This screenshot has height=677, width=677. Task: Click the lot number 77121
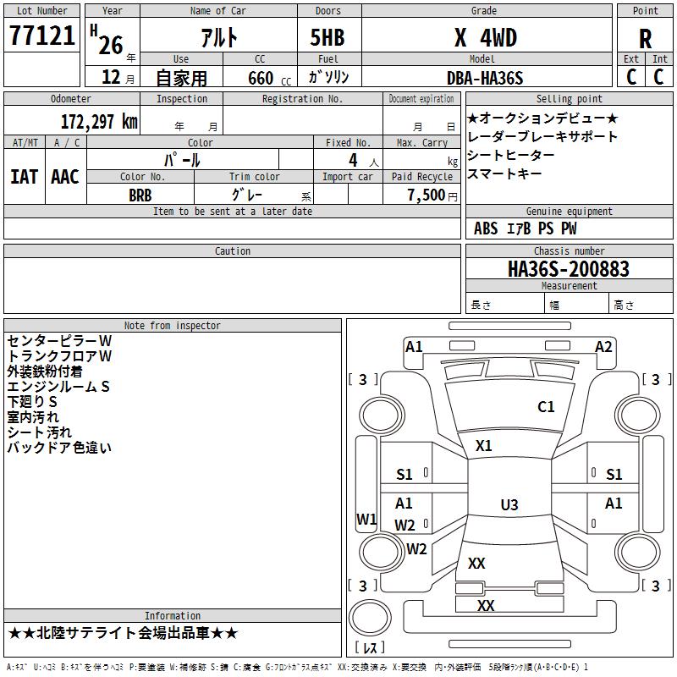click(41, 36)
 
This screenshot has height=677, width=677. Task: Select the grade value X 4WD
click(486, 37)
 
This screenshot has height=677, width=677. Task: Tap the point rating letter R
click(645, 38)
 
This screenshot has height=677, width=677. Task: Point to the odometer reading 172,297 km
click(99, 122)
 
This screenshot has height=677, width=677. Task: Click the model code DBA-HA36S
click(485, 78)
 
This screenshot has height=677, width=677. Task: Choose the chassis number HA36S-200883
click(569, 269)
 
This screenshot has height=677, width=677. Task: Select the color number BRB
click(140, 195)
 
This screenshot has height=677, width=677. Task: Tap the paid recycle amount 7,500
click(427, 195)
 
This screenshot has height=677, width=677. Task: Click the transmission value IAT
click(25, 177)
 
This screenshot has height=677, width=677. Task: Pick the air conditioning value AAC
click(65, 177)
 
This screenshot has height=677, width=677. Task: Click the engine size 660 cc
click(269, 78)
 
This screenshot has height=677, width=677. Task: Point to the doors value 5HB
click(327, 37)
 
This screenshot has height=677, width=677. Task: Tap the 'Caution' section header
click(232, 250)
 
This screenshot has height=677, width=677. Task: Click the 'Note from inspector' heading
click(173, 326)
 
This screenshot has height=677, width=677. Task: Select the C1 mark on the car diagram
click(546, 407)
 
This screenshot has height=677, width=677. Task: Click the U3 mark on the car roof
click(509, 504)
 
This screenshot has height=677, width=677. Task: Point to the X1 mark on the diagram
click(483, 446)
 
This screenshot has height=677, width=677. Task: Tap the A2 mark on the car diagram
click(603, 347)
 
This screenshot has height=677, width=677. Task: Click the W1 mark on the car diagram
click(366, 520)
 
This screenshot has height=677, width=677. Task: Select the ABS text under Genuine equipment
click(486, 228)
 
